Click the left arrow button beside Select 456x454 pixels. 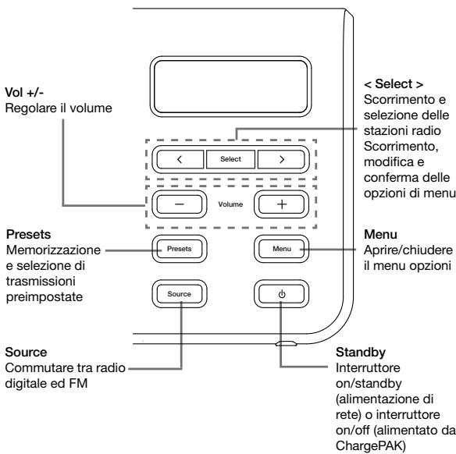point(180,159)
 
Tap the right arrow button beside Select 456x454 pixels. point(281,159)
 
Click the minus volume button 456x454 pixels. point(180,204)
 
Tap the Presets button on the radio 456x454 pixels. point(180,249)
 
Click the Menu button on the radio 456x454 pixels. point(282,249)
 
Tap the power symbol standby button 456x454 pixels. point(282,294)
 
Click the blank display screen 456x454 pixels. point(230,87)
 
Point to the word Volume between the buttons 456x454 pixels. point(230,204)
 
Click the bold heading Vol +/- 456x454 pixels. point(24,93)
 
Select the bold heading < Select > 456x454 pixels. point(394,84)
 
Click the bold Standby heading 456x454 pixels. point(361,353)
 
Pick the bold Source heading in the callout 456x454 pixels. point(27,353)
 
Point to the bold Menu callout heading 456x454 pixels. point(380,234)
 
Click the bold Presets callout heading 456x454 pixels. point(28,234)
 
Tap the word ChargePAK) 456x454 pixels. point(370,446)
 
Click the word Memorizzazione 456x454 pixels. point(54,250)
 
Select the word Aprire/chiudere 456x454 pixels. point(408,250)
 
